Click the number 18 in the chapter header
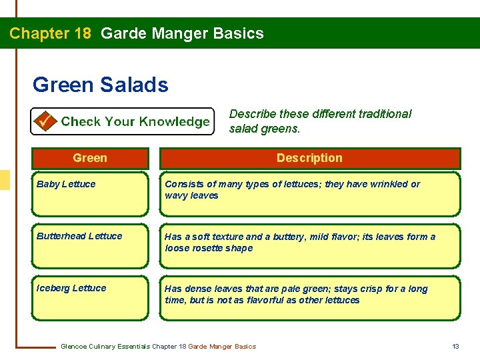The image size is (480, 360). coord(79,33)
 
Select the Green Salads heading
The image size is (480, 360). coord(100,85)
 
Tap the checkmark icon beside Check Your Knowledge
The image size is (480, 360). coord(45,121)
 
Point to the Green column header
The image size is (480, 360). coord(89,158)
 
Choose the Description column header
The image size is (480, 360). coord(309,158)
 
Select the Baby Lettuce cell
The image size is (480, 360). coord(89,194)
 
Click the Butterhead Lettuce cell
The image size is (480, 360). coord(89,246)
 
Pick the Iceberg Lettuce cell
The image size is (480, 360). coord(89,298)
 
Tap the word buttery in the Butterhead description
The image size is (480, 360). coord(290,237)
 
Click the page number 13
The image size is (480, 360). coord(456,346)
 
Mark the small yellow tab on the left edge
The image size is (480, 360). coord(5,180)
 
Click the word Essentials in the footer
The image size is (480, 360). coord(132,346)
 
